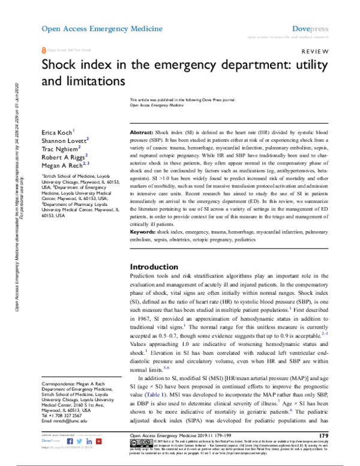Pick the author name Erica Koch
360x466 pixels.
point(56,131)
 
